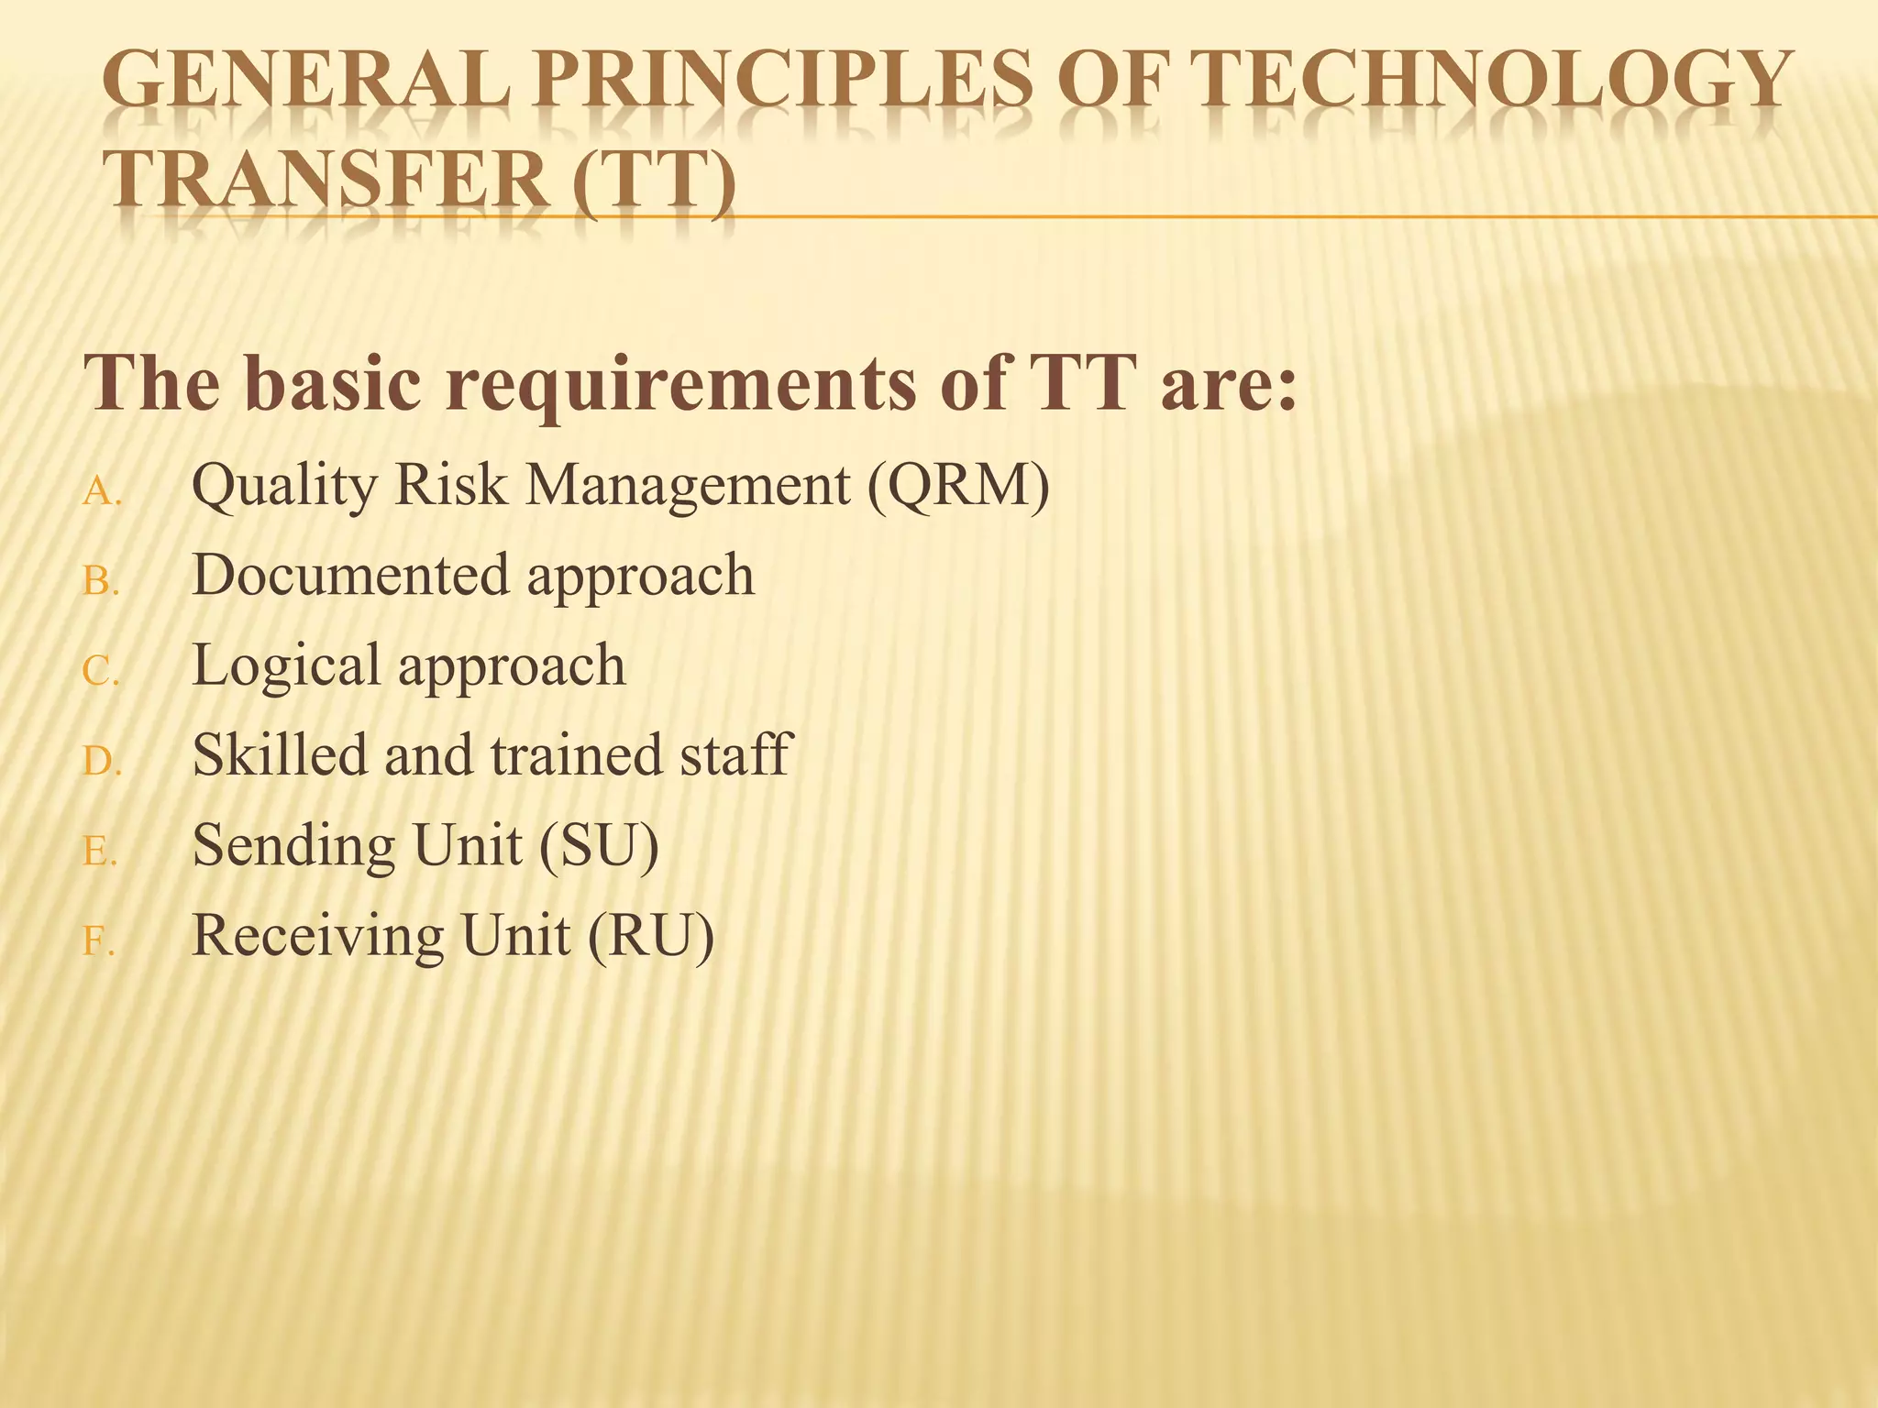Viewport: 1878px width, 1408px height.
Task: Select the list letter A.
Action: [x=100, y=494]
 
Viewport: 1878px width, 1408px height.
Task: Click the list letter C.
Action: [x=100, y=672]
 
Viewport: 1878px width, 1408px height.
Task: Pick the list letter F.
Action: [x=97, y=941]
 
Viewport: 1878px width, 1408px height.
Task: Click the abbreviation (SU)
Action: [x=599, y=845]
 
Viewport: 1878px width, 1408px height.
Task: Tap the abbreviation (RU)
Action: [x=650, y=936]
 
